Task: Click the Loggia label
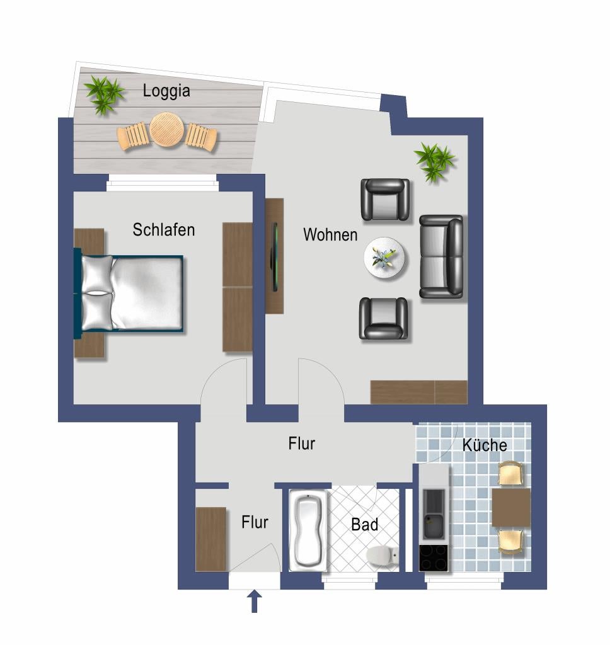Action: [166, 91]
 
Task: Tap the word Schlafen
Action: [163, 229]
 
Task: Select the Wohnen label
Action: [330, 234]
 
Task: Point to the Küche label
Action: [485, 445]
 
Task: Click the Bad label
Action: [365, 525]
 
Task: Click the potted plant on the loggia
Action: [104, 94]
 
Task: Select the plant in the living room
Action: [434, 162]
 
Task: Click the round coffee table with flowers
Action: [384, 258]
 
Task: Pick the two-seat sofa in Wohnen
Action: [441, 256]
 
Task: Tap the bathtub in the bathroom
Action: [308, 530]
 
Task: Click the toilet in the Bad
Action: [383, 556]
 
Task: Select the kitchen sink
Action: [434, 527]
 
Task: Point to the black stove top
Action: [433, 558]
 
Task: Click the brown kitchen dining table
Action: [511, 507]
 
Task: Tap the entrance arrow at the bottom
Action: [255, 602]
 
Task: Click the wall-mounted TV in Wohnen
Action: [274, 257]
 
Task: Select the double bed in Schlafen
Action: [129, 294]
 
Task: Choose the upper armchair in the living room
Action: [385, 200]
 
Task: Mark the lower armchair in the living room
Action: [383, 318]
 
